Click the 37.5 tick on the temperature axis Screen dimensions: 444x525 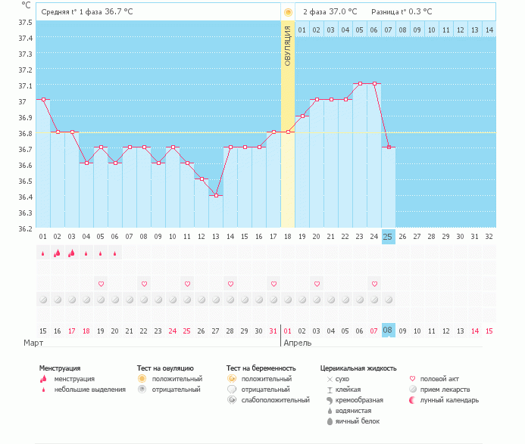point(25,22)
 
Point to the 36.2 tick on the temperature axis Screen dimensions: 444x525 point(25,228)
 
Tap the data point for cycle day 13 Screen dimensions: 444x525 point(216,195)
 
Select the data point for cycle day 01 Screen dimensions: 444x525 point(43,99)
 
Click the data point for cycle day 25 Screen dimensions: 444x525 point(389,147)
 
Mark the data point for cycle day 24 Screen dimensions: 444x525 point(374,83)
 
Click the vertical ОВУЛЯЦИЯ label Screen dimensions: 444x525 point(288,45)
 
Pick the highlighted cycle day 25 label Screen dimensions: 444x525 point(388,237)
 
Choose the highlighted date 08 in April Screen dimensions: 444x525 point(388,331)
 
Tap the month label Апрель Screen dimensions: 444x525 point(296,343)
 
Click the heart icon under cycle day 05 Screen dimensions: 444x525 point(101,284)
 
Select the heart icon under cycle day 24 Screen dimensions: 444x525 point(374,284)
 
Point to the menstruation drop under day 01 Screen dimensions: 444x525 point(43,254)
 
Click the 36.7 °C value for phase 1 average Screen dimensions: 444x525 point(117,11)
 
